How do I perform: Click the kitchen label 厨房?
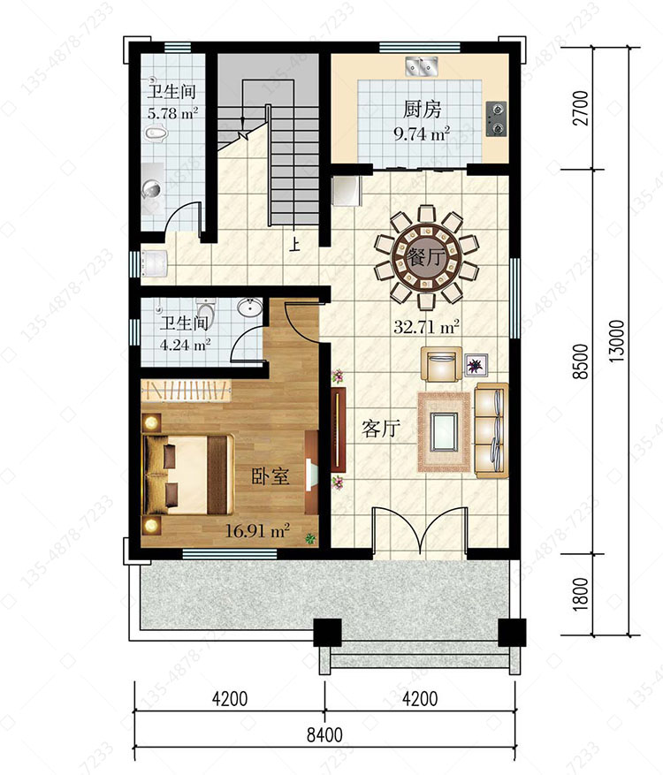pos(422,110)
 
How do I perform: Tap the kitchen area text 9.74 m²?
pos(422,133)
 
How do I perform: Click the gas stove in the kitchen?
pos(497,119)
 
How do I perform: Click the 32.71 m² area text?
pos(426,327)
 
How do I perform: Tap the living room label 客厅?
pos(381,429)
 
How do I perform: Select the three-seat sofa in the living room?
pos(492,430)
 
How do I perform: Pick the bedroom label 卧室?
pos(271,476)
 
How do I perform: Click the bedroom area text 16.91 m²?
pos(257,531)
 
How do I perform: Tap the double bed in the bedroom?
pos(188,475)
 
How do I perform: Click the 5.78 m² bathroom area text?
pos(173,113)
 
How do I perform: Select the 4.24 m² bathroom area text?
pos(186,344)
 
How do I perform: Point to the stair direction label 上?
pos(294,244)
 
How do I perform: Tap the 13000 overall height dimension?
pos(616,341)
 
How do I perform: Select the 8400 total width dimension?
pos(324,734)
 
